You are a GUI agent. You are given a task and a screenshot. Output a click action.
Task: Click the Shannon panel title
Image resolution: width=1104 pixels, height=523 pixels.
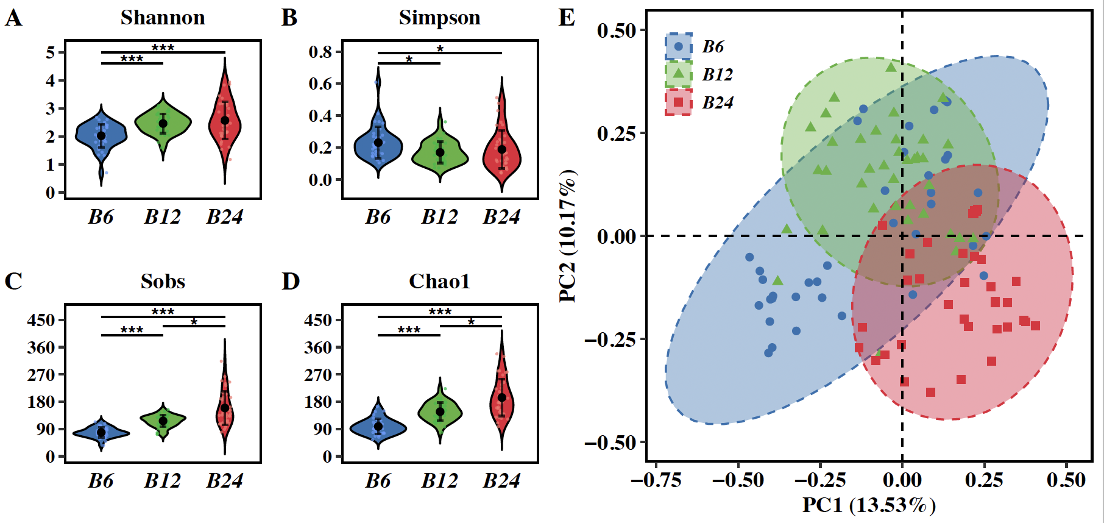163,18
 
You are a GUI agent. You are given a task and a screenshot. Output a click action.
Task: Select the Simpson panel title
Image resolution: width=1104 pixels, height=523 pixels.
439,18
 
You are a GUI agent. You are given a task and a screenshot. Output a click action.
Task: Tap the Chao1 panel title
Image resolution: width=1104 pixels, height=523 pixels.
439,282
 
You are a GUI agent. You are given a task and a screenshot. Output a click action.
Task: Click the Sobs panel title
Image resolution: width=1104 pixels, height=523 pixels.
163,282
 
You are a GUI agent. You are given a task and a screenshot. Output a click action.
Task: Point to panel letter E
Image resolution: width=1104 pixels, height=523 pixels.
567,18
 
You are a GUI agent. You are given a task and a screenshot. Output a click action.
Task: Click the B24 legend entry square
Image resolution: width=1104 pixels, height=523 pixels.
678,102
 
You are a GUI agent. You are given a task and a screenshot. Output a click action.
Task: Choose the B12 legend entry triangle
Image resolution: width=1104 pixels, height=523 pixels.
678,74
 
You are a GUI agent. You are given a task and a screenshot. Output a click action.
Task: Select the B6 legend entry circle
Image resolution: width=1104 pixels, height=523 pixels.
678,46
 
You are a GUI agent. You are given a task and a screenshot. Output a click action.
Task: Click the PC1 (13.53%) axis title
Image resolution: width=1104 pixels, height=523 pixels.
869,505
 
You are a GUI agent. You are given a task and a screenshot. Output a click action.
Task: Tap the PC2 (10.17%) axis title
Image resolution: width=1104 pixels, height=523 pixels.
568,236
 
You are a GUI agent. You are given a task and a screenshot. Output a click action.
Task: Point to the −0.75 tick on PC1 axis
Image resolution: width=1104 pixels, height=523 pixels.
656,480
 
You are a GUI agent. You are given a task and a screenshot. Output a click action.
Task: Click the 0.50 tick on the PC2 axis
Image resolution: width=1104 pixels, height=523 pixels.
616,30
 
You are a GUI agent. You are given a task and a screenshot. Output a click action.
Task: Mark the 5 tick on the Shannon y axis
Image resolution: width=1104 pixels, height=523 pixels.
51,52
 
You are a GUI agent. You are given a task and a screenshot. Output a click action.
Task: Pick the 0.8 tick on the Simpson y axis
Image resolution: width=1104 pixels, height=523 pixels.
320,52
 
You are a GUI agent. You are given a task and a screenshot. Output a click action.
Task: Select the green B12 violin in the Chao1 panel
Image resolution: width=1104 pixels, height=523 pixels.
440,411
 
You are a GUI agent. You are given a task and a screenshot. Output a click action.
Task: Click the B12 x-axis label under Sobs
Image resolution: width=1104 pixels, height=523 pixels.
162,481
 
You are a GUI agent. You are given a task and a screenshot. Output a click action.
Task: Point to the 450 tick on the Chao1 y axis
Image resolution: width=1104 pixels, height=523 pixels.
317,320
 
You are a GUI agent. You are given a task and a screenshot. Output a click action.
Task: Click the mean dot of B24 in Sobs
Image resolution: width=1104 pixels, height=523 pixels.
225,408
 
